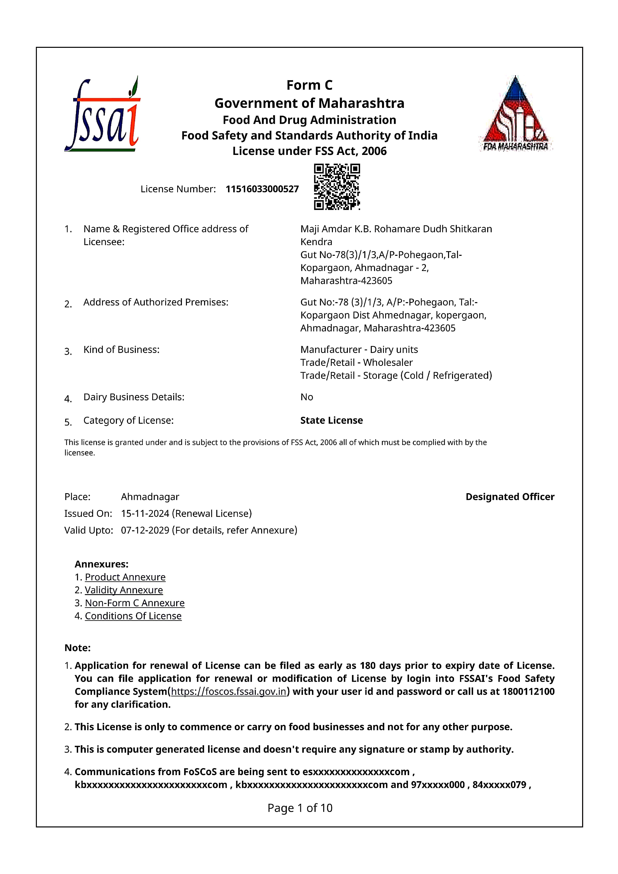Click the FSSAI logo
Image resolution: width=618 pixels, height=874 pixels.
click(102, 114)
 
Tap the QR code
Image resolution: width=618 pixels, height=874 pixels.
click(337, 187)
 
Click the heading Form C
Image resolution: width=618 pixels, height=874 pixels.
click(309, 85)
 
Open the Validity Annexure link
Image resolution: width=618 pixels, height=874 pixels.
click(124, 590)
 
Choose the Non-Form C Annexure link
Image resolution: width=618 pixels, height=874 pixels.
click(134, 603)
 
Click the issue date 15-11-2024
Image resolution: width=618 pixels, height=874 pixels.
click(145, 514)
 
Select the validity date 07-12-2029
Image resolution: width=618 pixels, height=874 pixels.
click(145, 530)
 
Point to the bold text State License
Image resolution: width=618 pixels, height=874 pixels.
click(331, 420)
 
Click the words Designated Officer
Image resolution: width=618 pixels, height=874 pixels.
click(510, 497)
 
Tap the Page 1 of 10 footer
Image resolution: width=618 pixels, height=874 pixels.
click(300, 808)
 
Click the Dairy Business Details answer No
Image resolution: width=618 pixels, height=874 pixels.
click(307, 397)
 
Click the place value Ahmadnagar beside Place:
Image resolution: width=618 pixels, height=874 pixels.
click(150, 497)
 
